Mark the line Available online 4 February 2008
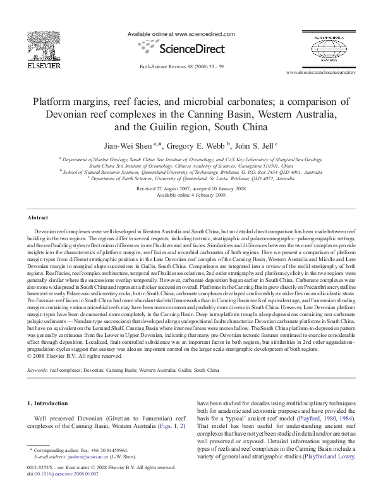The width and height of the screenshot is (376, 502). tap(188, 195)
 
